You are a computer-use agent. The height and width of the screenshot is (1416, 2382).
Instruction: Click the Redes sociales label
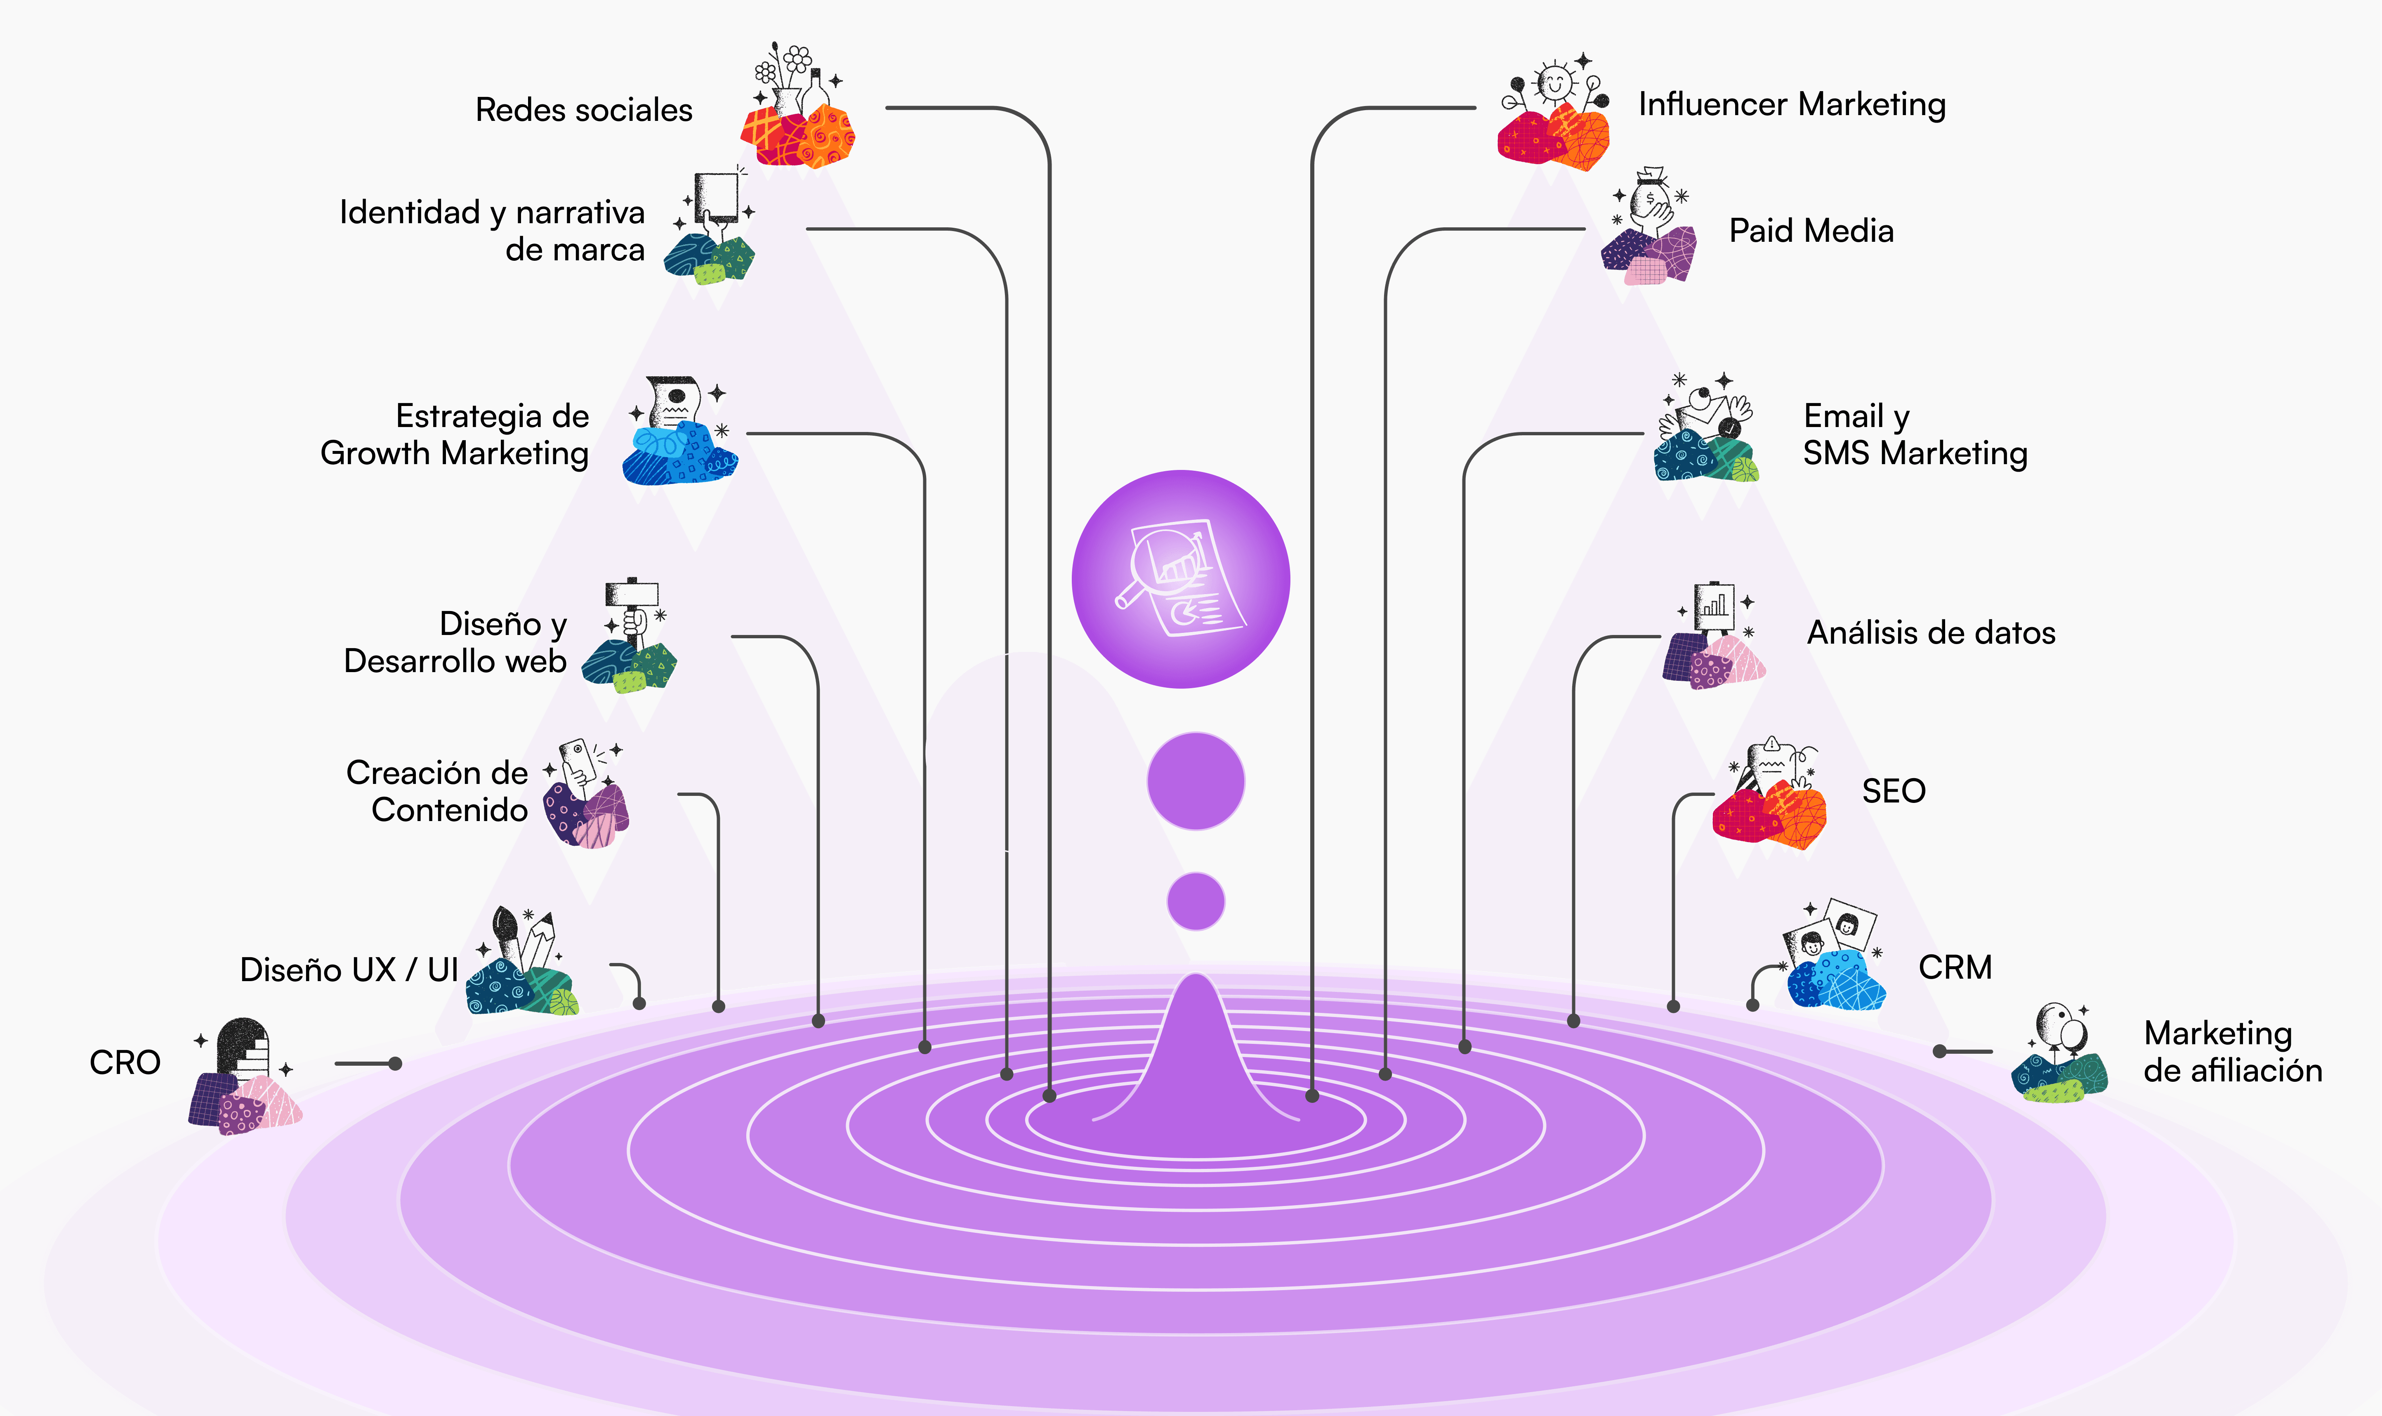[x=584, y=110]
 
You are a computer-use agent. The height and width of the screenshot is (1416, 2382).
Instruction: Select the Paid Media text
[x=1811, y=231]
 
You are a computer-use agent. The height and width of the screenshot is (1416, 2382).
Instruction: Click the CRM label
[x=1955, y=968]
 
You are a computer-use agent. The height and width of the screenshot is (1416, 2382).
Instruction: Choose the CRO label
[x=125, y=1062]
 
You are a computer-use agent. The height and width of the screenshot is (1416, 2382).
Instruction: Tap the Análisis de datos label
[x=1931, y=632]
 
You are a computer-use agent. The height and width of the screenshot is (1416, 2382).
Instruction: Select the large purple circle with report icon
[x=1181, y=579]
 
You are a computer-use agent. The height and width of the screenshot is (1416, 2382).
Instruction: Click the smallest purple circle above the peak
[x=1195, y=901]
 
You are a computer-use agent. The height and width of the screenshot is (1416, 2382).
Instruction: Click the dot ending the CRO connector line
[x=395, y=1063]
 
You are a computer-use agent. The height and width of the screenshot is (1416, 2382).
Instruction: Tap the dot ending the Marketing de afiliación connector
[x=1939, y=1052]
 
